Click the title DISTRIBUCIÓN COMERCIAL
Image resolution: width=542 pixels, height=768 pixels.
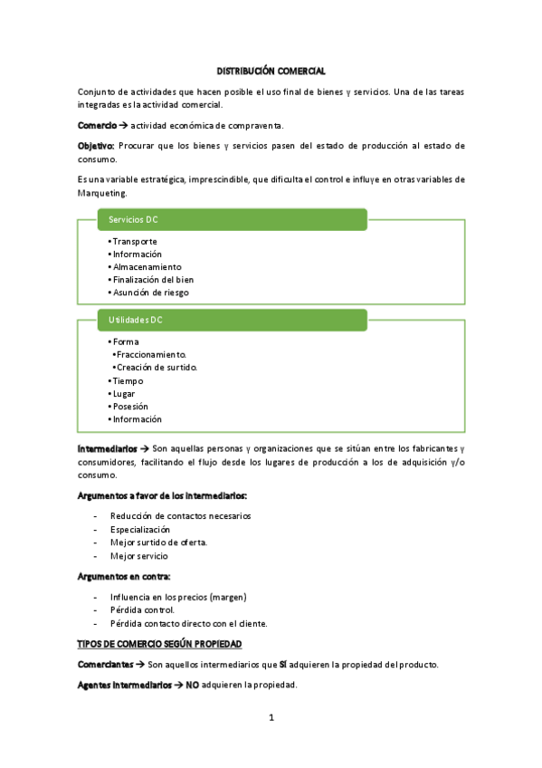point(271,71)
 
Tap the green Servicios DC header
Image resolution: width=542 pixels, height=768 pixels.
point(232,219)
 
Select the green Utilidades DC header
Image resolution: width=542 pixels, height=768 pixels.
point(232,320)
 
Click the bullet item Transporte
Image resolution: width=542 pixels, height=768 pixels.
point(134,242)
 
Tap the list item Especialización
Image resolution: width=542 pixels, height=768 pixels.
point(140,530)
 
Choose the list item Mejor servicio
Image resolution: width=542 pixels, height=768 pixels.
point(138,555)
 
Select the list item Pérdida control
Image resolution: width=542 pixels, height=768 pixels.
point(142,610)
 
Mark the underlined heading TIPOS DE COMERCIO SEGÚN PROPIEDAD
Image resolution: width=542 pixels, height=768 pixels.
point(160,644)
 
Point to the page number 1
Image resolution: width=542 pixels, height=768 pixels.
point(271,718)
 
